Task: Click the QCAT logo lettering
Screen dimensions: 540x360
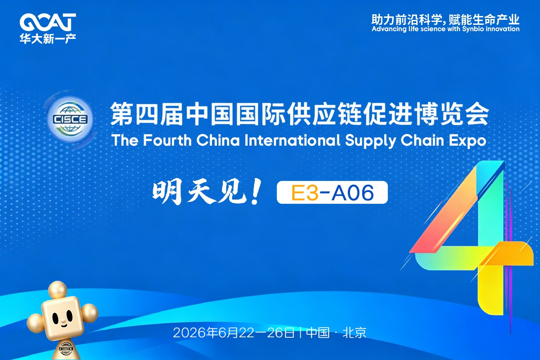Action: (x=48, y=22)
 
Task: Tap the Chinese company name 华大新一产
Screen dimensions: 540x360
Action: (x=48, y=39)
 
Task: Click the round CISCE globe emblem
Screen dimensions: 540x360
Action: (x=70, y=119)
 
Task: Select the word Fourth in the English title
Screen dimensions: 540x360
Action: (x=167, y=140)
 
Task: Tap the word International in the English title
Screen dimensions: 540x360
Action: (x=292, y=140)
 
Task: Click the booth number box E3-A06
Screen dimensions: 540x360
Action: (x=332, y=192)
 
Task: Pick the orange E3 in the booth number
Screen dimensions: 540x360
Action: (x=305, y=192)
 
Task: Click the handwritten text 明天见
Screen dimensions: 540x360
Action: (x=199, y=192)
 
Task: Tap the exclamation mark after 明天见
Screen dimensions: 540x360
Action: (x=256, y=192)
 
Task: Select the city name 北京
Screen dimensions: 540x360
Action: (x=354, y=333)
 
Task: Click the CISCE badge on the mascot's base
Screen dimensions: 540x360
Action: (x=66, y=349)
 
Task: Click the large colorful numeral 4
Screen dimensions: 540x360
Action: (x=473, y=237)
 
